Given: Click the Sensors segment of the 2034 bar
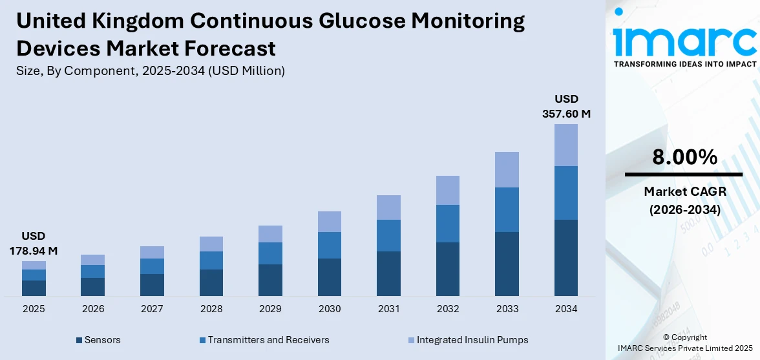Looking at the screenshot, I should (566, 257).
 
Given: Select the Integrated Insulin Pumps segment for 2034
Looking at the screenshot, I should (566, 145).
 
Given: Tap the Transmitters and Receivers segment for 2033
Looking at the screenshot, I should (507, 209).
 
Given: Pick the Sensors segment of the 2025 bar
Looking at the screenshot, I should (34, 288).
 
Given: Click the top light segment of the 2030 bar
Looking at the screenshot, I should (330, 222).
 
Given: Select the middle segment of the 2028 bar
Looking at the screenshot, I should (211, 260).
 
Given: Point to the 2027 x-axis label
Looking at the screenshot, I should (152, 309).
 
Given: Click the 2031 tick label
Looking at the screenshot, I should (388, 309).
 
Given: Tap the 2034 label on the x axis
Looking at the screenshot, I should (566, 309).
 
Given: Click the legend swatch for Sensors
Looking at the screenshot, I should (79, 340).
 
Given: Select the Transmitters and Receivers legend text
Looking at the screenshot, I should (268, 340).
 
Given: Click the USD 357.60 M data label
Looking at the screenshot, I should (566, 107).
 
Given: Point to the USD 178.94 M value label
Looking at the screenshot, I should (34, 243).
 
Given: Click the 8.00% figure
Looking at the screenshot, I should (684, 157).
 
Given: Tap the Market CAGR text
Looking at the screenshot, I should (684, 191).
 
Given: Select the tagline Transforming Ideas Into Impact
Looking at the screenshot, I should (684, 64).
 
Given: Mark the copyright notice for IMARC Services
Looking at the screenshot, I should (684, 343).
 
